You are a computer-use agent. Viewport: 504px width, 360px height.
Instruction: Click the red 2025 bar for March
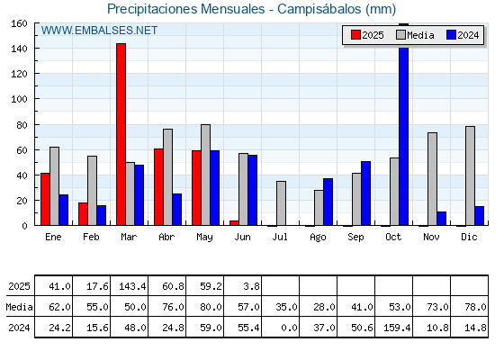[x=121, y=134]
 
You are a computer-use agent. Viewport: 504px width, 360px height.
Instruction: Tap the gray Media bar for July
[x=281, y=203]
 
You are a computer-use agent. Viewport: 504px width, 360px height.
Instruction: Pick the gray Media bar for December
[x=470, y=175]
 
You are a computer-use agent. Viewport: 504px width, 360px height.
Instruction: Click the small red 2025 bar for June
[x=234, y=223]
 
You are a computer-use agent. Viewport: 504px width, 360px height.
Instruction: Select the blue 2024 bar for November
[x=441, y=219]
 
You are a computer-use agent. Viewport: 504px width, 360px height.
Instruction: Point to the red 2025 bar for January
[x=45, y=199]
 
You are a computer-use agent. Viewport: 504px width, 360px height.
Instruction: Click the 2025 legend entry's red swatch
[x=355, y=35]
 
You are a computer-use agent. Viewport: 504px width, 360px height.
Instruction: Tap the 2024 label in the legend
[x=468, y=35]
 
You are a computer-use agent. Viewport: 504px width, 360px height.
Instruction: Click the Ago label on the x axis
[x=318, y=238]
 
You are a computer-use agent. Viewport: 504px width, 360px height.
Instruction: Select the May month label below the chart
[x=204, y=238]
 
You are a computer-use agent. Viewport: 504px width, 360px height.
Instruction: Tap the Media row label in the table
[x=19, y=307]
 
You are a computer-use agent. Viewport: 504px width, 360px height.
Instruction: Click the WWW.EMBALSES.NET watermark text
[x=99, y=31]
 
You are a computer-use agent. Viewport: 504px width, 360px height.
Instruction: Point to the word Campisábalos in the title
[x=319, y=9]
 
